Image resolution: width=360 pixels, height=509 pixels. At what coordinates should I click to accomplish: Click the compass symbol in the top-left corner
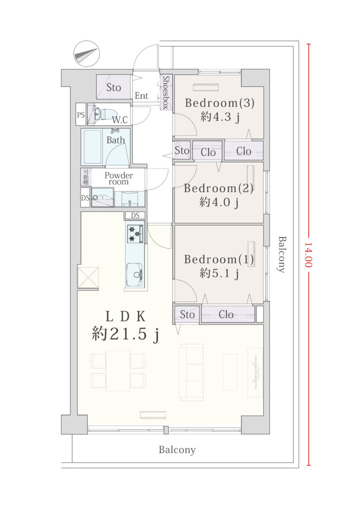(86, 53)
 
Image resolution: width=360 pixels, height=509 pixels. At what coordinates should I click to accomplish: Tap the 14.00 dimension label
(308, 255)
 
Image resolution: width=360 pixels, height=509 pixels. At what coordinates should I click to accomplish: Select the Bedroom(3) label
(219, 103)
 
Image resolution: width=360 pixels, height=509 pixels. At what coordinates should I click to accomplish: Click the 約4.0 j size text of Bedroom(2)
(219, 202)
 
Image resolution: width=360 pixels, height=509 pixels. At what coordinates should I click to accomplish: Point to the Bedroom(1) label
(219, 259)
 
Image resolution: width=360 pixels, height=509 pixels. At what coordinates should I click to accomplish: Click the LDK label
(125, 316)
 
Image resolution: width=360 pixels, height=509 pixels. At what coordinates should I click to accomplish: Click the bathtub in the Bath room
(92, 146)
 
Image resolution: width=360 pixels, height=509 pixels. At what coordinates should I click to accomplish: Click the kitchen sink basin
(135, 275)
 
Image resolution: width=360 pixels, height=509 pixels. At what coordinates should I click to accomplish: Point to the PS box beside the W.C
(81, 114)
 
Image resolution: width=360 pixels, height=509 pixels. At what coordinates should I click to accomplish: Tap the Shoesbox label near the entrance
(166, 92)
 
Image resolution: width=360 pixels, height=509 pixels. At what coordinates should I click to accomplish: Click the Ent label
(141, 96)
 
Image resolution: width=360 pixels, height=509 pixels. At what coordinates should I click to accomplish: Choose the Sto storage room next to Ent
(113, 87)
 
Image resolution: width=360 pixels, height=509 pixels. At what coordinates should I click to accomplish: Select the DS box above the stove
(135, 216)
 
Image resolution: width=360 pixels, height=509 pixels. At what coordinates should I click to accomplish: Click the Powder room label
(119, 179)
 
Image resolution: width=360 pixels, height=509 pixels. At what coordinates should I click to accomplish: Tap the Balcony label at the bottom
(177, 450)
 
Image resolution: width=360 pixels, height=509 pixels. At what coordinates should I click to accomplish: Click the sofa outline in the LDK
(192, 372)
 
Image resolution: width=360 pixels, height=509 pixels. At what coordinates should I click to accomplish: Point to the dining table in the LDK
(118, 370)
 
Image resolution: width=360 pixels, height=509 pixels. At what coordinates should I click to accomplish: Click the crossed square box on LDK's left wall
(88, 277)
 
